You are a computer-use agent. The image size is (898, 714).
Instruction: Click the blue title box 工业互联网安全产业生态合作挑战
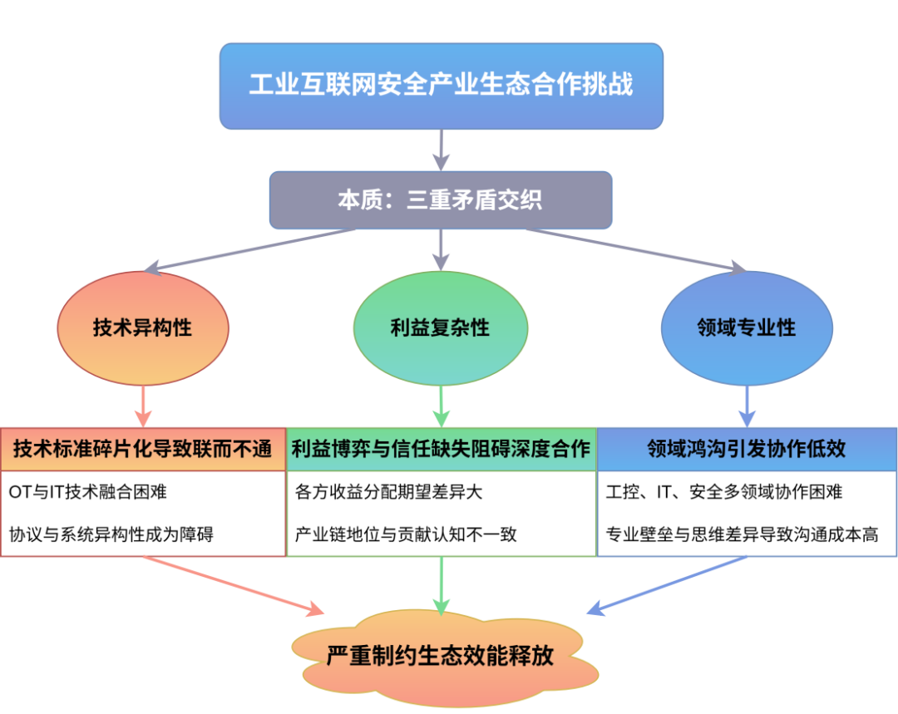point(441,86)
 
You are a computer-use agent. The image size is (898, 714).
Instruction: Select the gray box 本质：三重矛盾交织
point(440,200)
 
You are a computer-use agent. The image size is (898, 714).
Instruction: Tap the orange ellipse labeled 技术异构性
point(142,327)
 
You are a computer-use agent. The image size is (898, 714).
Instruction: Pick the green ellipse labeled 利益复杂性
point(440,327)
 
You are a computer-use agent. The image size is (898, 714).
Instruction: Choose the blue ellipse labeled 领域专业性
point(747,327)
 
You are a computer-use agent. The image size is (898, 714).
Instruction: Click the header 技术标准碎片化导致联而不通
point(142,450)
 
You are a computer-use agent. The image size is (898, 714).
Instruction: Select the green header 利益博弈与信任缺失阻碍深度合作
point(441,450)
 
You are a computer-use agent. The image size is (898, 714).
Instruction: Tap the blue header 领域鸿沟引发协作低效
point(747,450)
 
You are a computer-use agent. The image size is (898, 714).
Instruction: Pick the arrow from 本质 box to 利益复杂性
point(441,249)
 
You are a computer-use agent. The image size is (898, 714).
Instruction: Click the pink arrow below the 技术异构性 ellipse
point(142,407)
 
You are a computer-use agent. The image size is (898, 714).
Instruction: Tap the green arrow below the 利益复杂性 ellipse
point(441,407)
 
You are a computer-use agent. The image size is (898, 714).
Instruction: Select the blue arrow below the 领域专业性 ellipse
point(747,407)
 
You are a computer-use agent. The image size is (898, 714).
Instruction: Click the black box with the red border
point(142,514)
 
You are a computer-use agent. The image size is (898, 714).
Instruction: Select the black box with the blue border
point(747,514)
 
